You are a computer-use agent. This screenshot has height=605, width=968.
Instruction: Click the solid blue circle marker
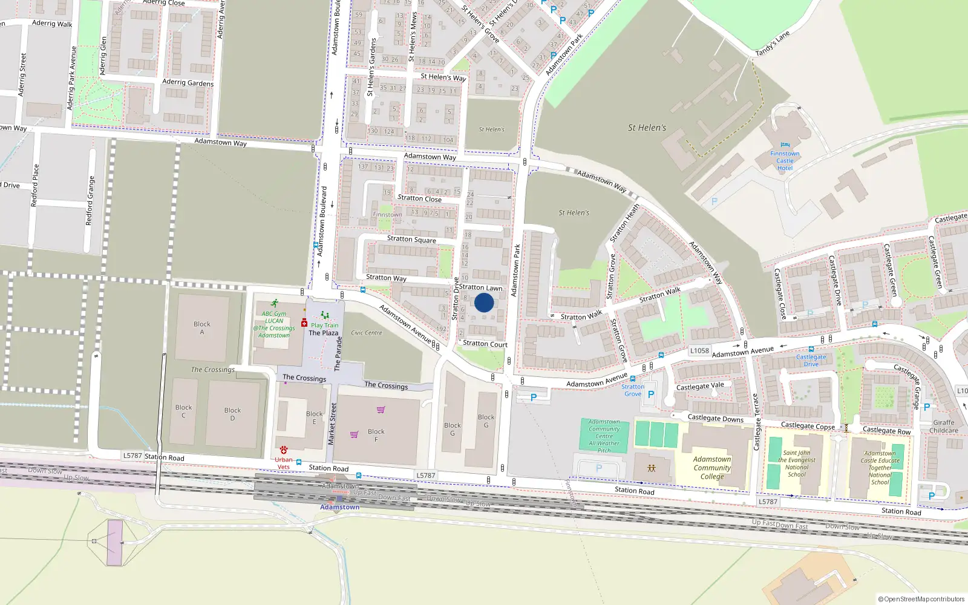pos(484,302)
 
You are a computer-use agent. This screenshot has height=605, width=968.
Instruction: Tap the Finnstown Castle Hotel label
pos(785,161)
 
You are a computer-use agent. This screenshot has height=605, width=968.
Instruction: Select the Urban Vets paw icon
pos(283,450)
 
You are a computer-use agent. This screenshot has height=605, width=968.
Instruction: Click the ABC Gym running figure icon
pos(275,303)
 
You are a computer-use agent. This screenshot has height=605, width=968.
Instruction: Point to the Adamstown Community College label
pos(712,468)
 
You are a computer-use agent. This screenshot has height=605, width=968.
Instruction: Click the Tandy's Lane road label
pos(773,44)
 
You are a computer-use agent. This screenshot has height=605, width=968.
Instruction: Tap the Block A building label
pos(202,328)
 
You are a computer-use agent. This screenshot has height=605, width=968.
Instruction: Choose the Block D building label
pos(232,414)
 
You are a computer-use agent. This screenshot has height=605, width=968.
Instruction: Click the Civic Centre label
pos(366,333)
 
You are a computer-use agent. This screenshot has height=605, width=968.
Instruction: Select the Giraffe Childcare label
pos(943,427)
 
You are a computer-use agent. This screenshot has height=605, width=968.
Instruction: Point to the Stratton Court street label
pos(485,344)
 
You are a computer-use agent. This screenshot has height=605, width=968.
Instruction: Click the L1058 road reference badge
pos(699,351)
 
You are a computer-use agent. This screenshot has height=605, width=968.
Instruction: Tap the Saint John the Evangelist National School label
pos(796,463)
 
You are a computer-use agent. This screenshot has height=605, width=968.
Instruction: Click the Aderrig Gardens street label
pos(188,82)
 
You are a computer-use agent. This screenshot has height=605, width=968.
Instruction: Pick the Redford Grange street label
pos(90,201)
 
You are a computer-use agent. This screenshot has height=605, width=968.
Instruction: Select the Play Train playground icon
pos(325,315)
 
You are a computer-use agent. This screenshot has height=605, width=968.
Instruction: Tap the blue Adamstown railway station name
pos(339,507)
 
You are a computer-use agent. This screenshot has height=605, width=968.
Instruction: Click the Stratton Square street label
pos(411,239)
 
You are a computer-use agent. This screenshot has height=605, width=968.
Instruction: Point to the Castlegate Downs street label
pos(715,418)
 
